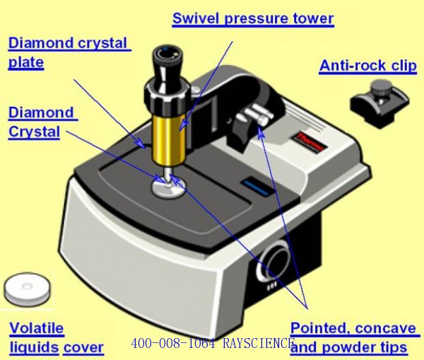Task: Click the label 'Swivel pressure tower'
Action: click(x=253, y=18)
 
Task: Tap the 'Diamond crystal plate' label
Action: click(x=69, y=52)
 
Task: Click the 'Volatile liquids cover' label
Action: click(x=57, y=338)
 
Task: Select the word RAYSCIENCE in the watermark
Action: click(x=260, y=344)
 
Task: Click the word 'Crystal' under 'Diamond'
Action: click(x=33, y=131)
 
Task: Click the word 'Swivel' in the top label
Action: click(x=196, y=18)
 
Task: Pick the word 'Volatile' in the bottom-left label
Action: click(x=36, y=328)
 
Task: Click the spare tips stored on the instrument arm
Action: click(x=254, y=117)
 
